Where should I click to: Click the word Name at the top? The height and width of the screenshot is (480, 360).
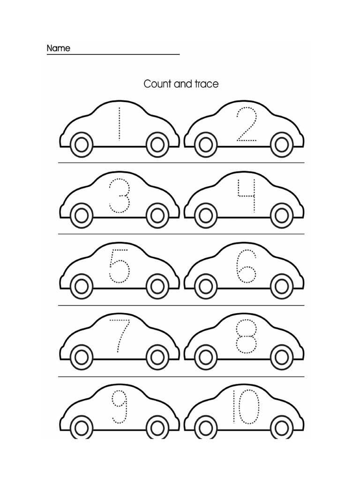coord(58,48)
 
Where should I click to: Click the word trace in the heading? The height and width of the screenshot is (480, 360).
coord(207,84)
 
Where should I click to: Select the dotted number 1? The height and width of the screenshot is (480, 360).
coord(119,124)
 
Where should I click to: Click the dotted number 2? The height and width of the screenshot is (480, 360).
coord(247,125)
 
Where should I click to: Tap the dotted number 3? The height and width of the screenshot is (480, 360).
coord(119,195)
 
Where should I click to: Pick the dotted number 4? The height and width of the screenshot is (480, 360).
coord(247,195)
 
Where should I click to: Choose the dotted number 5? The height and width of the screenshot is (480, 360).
coord(119,266)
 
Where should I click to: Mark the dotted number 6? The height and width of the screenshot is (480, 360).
coord(247,267)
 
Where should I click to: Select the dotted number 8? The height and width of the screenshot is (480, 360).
coord(247,337)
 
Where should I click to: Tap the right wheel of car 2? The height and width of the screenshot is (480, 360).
coord(282,144)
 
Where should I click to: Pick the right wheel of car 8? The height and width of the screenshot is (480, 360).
coord(282,357)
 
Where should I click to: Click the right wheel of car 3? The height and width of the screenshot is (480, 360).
coord(157,216)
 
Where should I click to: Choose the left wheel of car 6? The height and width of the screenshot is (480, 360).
coord(205,286)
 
